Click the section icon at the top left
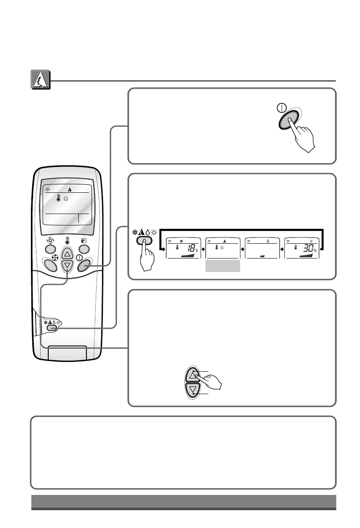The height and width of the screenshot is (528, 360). pos(41,80)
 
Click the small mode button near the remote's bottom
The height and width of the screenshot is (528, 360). pos(53,328)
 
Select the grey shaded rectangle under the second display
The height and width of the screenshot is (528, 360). pos(222,266)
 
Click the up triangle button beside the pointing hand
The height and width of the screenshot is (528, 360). pos(193,375)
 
